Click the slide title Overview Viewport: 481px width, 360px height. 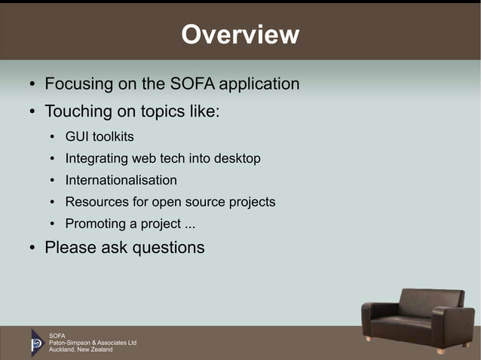click(x=240, y=35)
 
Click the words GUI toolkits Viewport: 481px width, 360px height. click(x=100, y=137)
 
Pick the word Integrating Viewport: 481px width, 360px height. click(x=97, y=159)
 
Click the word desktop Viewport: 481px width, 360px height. click(x=237, y=159)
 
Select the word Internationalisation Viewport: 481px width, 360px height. click(x=121, y=181)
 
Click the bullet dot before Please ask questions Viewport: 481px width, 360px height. click(x=32, y=248)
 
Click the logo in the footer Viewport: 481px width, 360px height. click(x=37, y=342)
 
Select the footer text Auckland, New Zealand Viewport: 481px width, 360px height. click(x=81, y=350)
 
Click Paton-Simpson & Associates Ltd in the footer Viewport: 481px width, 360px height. click(x=92, y=343)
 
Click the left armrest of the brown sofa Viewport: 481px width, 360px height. click(x=375, y=316)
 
